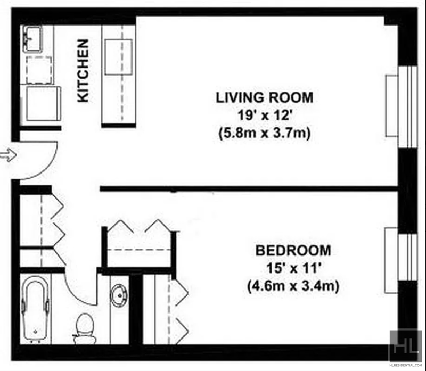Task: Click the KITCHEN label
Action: (x=83, y=71)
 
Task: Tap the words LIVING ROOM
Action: (x=265, y=98)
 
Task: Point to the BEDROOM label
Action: (x=293, y=250)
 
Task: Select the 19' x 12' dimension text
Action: (x=265, y=116)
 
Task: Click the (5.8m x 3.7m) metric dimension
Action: (x=265, y=134)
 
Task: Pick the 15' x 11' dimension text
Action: (x=294, y=268)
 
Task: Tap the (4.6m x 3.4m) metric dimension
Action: (x=293, y=286)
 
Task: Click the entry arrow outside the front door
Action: (x=8, y=155)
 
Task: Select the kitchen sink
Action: (x=32, y=39)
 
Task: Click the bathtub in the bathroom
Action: (x=35, y=309)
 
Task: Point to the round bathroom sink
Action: (x=119, y=295)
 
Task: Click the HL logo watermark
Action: (x=406, y=345)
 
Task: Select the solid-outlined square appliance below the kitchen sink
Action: (x=44, y=103)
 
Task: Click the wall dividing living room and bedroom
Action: (x=249, y=189)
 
